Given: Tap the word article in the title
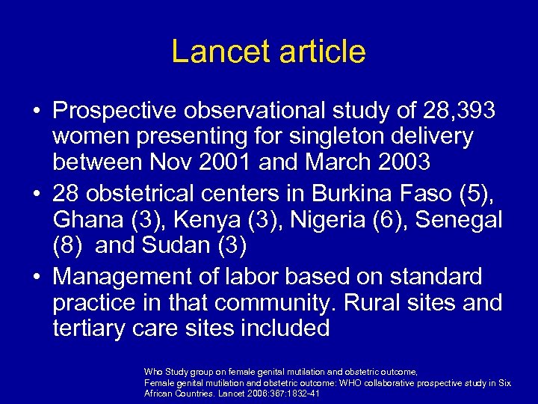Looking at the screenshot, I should click(x=319, y=52).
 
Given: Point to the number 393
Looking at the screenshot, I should click(x=471, y=111).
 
